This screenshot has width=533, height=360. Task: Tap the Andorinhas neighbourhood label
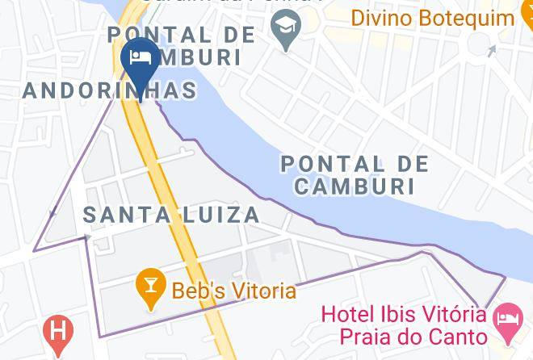tap(109, 90)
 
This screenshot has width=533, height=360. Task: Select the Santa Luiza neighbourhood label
tap(171, 215)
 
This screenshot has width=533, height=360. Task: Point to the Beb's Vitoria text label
tap(233, 290)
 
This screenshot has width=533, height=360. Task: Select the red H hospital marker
tap(57, 331)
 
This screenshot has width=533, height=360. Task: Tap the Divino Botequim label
tap(433, 17)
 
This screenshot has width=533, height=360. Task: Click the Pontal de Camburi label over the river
tap(355, 174)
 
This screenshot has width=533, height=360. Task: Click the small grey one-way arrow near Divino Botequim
tap(492, 52)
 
